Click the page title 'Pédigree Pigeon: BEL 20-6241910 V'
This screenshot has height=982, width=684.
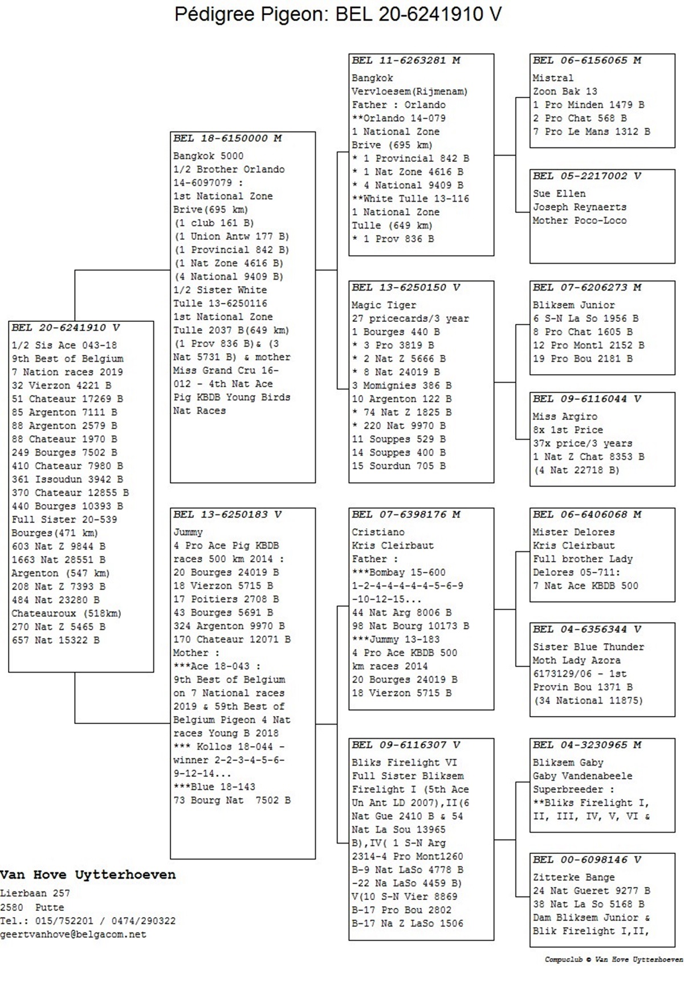click(x=338, y=14)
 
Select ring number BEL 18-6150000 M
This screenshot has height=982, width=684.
click(x=227, y=138)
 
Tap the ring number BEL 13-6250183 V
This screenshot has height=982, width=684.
click(x=227, y=515)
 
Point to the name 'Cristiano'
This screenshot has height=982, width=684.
click(x=378, y=533)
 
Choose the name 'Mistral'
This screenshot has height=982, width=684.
click(x=553, y=78)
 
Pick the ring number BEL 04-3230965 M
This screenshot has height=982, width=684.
click(x=587, y=745)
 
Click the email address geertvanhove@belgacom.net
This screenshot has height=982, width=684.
click(x=73, y=935)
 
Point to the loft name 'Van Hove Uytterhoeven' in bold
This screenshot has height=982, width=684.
click(x=88, y=875)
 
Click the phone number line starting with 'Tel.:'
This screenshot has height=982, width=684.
click(x=88, y=921)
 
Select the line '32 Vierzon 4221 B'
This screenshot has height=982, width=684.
click(x=62, y=386)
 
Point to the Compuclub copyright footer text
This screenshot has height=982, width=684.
click(x=614, y=960)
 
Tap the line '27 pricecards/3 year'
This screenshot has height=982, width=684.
click(x=410, y=319)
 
